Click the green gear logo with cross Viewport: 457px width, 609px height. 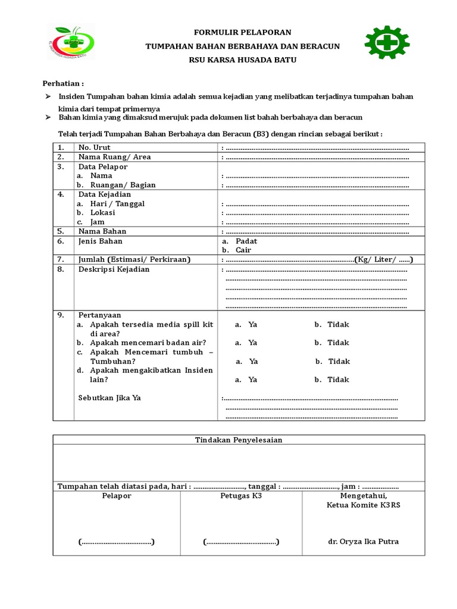point(387,43)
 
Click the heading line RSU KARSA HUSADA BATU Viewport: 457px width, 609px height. point(242,60)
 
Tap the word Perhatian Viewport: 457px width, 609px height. point(62,83)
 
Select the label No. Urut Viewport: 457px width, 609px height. point(94,147)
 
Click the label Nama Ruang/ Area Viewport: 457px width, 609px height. point(114,157)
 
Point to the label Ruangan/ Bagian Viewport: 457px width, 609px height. point(123,185)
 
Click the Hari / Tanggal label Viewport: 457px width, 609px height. point(117,203)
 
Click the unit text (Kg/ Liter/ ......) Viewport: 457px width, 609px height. point(384,260)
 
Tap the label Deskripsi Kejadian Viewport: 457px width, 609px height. point(114,269)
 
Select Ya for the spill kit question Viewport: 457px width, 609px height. point(252,325)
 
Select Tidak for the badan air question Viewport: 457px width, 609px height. point(338,343)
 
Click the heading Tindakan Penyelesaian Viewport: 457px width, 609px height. point(239,440)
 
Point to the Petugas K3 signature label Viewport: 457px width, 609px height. point(240,495)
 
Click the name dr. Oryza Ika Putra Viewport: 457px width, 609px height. point(363,542)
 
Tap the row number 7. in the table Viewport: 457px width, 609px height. point(61,260)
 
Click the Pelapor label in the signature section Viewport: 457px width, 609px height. point(117,495)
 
